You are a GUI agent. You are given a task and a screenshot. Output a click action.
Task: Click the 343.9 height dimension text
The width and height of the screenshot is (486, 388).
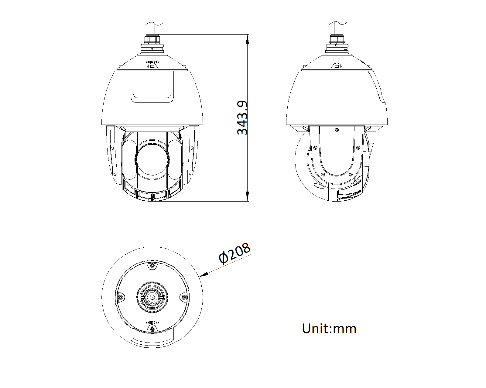[242, 117]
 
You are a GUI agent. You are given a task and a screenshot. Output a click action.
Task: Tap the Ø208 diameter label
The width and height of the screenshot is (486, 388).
[234, 253]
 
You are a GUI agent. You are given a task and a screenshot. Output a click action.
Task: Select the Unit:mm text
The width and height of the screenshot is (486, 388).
[329, 329]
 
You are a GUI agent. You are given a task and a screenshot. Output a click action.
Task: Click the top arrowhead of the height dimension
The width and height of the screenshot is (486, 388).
[248, 39]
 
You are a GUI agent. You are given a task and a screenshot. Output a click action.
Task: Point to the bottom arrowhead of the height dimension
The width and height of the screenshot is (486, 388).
[248, 196]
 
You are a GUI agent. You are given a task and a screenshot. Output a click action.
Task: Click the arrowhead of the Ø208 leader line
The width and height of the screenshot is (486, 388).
[204, 274]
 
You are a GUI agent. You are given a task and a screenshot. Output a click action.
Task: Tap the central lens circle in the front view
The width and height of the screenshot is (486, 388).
[152, 160]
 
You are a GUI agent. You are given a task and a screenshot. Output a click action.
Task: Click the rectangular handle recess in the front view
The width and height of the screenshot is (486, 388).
[152, 87]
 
